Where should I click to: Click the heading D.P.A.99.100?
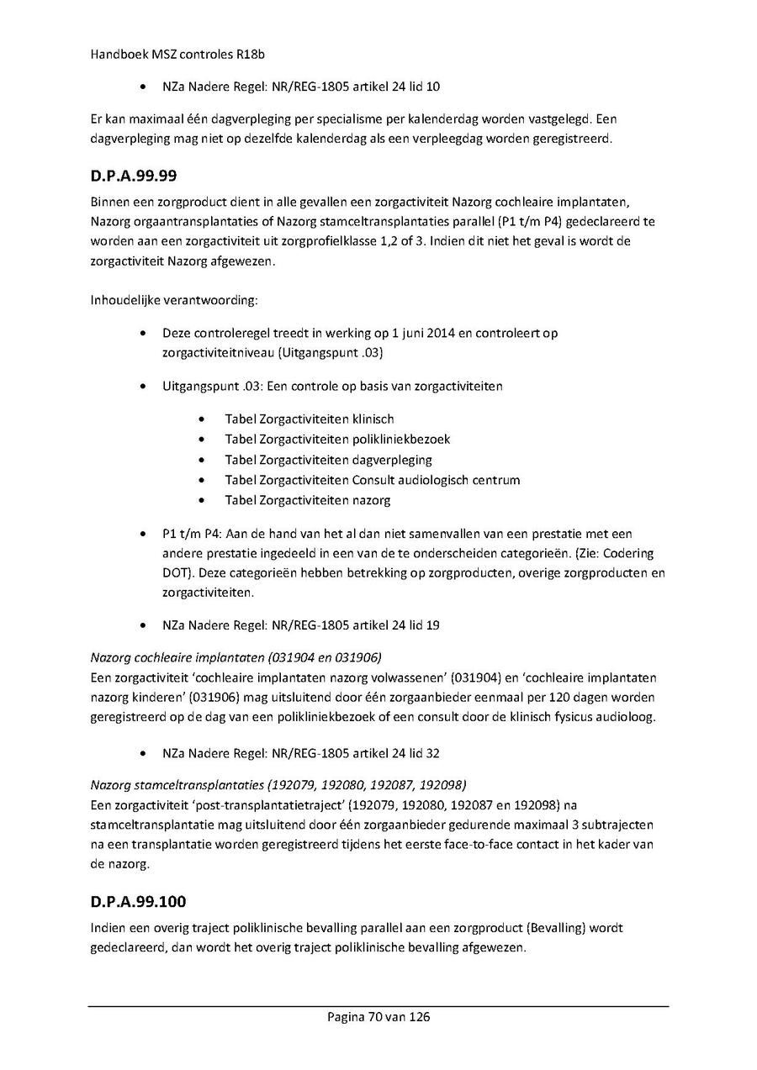point(137,902)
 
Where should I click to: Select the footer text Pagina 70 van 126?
point(378,1017)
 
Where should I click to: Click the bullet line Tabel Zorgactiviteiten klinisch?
point(309,419)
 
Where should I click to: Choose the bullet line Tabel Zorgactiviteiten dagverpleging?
point(328,460)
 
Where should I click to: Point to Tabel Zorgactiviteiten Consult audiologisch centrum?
point(372,480)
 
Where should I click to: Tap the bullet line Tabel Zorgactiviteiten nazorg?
point(307,500)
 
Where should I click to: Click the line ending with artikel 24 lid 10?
point(301,87)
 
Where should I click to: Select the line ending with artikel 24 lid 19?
point(301,625)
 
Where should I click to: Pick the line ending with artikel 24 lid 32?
point(301,753)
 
